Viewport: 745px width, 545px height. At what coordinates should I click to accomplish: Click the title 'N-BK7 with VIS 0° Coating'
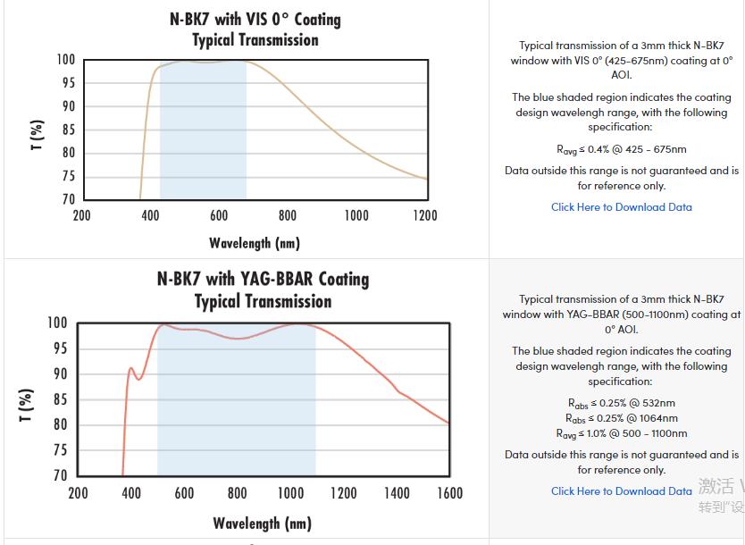click(x=255, y=19)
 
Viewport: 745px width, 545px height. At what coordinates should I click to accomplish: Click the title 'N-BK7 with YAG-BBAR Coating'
click(x=263, y=279)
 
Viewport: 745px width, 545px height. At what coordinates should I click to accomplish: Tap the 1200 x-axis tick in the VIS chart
click(x=425, y=215)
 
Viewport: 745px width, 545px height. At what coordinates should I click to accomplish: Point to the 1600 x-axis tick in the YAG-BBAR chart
click(x=449, y=492)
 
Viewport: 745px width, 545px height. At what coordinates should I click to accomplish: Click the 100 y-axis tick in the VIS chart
click(x=66, y=60)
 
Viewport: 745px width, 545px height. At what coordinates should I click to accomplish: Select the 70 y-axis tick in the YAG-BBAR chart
click(x=58, y=476)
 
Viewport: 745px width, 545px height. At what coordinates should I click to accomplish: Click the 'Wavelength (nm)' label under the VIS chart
click(x=255, y=243)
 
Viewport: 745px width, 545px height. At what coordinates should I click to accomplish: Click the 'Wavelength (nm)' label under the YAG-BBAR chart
click(x=262, y=524)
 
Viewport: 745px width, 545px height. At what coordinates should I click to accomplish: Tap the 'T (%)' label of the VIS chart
click(x=37, y=134)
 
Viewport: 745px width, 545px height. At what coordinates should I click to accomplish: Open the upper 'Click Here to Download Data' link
click(x=621, y=207)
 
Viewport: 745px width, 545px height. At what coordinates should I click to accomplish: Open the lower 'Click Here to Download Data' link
click(x=621, y=490)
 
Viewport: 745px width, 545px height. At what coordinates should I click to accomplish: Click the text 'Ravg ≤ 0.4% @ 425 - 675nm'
click(x=621, y=149)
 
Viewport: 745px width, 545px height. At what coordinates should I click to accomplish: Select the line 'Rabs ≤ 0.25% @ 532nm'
click(x=621, y=403)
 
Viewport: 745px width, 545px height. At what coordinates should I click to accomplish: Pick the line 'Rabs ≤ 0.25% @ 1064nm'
click(x=621, y=418)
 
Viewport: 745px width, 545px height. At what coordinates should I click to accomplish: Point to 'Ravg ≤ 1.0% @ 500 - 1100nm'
click(x=621, y=433)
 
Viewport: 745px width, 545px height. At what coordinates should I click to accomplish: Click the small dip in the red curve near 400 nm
click(x=138, y=379)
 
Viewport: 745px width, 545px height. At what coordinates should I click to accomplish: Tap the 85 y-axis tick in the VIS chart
click(x=68, y=130)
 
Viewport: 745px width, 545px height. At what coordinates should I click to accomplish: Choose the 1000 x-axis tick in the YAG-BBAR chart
click(x=290, y=492)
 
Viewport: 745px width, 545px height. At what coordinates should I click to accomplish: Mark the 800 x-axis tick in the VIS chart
click(x=288, y=215)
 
